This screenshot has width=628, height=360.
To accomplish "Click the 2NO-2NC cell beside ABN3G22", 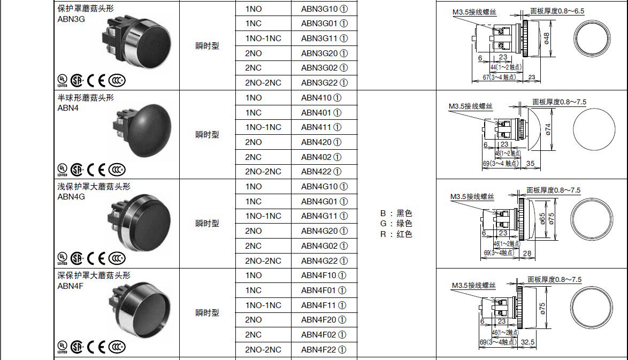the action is (x=263, y=83).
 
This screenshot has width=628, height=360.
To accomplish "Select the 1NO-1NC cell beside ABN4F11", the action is (x=263, y=305).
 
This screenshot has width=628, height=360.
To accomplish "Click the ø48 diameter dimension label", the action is (x=546, y=38).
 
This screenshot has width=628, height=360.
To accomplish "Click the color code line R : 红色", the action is (x=396, y=234).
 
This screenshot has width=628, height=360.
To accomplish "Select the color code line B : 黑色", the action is (x=396, y=213).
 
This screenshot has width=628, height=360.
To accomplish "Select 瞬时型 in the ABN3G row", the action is (x=207, y=46).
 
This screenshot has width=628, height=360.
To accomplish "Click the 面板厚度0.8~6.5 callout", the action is (x=557, y=11).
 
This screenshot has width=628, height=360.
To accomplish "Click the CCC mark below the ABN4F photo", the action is (x=117, y=347).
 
